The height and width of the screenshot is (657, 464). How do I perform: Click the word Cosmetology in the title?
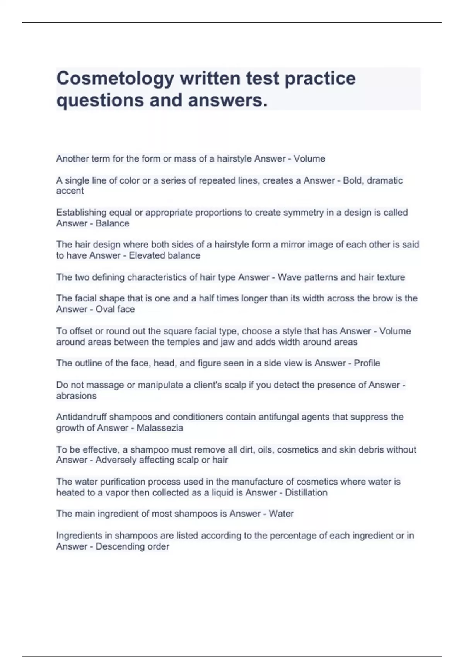click(115, 79)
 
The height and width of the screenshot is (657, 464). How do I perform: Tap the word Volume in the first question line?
click(309, 159)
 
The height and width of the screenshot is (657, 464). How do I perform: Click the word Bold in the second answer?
click(352, 180)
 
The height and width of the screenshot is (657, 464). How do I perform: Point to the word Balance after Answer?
click(112, 223)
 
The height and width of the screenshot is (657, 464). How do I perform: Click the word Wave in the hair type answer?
click(288, 277)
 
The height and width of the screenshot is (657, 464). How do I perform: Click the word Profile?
click(367, 363)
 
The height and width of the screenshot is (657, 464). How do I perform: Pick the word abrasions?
click(76, 396)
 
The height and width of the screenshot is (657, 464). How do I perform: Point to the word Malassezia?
click(160, 428)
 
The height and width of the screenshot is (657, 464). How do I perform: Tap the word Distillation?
click(306, 493)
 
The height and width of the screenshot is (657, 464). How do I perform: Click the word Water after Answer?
click(281, 514)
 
